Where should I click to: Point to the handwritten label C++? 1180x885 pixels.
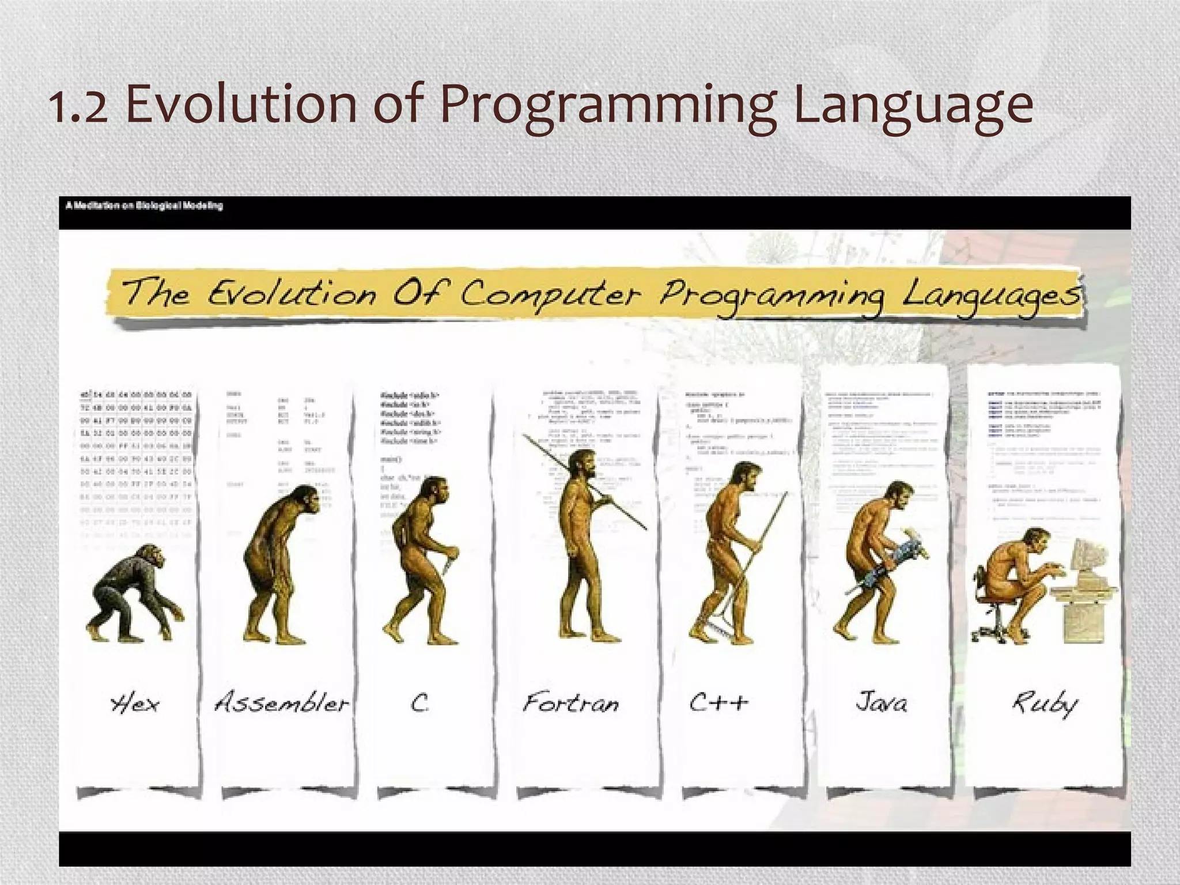pos(719,702)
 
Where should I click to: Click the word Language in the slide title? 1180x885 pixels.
pos(913,107)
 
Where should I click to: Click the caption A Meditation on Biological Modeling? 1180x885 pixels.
pos(144,206)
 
